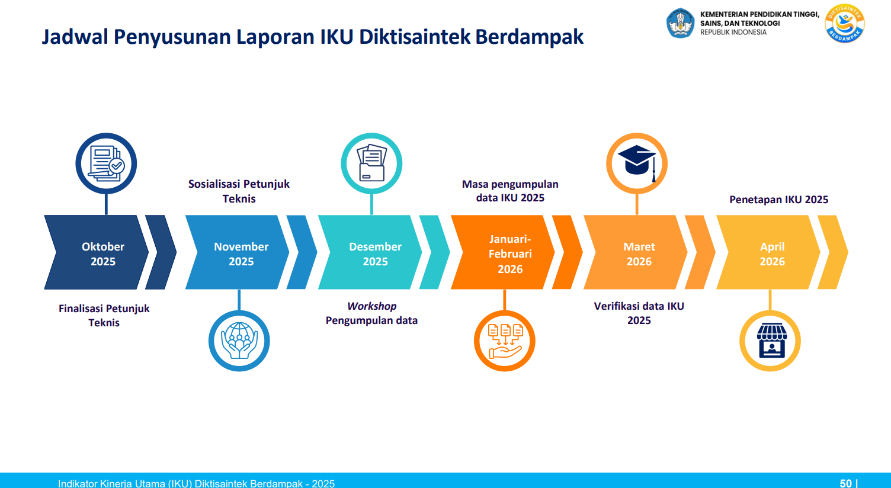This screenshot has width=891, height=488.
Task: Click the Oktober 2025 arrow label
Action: coord(103,253)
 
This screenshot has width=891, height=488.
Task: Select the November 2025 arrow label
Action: coord(241,253)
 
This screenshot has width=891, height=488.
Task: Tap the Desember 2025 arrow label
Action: coord(375,253)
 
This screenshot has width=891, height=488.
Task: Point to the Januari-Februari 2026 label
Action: coord(510,253)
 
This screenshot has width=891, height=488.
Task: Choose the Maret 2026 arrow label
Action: coord(639,253)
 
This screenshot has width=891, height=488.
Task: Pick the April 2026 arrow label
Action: coord(772,253)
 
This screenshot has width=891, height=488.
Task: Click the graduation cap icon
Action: coord(637,163)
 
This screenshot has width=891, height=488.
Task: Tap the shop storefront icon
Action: coord(772,341)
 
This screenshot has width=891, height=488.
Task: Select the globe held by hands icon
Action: coord(239,341)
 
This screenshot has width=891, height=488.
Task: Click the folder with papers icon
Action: coord(371,163)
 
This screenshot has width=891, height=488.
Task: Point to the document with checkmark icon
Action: coord(106,163)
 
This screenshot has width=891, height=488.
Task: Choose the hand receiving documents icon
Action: coord(505,341)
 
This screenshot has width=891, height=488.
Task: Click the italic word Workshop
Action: coord(371,306)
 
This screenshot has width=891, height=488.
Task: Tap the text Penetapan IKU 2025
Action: coord(779,200)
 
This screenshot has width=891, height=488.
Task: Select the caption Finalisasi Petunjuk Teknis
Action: coord(104,316)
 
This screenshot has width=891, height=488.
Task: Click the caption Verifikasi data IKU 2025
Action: coord(639,313)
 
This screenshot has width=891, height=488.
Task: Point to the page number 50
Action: coord(845,483)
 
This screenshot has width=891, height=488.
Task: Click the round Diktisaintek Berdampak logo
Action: coord(844,24)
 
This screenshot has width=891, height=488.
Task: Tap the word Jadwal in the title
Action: coord(75,37)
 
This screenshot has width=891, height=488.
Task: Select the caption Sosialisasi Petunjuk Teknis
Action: coord(239,191)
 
